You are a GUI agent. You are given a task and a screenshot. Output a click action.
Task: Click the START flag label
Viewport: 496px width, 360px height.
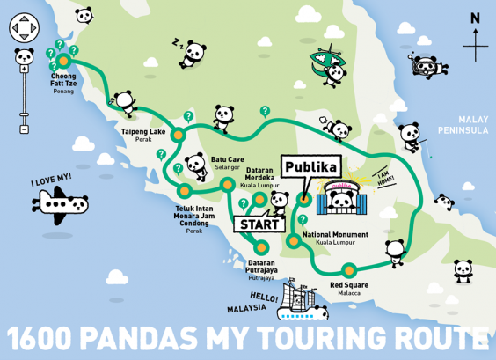tap(255, 224)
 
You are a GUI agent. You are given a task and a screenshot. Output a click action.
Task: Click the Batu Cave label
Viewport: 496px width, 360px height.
tap(227, 163)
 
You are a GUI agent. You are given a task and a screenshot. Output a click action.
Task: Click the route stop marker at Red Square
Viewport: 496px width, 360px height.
tap(349, 269)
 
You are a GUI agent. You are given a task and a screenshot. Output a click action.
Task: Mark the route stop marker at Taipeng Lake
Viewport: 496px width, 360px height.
tap(178, 136)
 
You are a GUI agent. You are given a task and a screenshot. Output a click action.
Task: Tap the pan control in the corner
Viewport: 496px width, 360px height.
tap(23, 30)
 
